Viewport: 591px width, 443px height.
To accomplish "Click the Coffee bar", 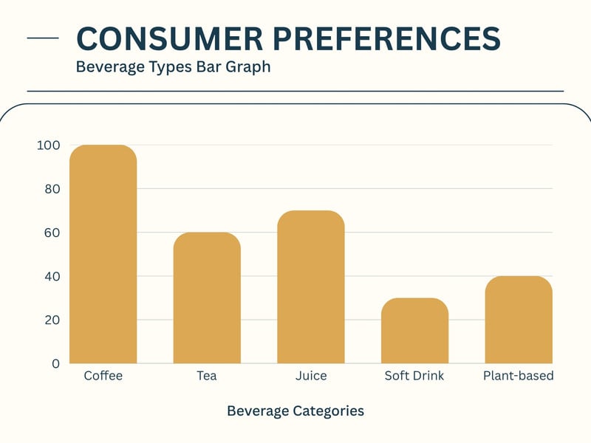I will [x=103, y=255].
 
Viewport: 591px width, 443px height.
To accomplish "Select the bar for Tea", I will [x=207, y=298].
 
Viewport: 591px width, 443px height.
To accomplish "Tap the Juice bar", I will [x=311, y=287].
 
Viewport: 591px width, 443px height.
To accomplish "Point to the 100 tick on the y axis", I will [x=48, y=145].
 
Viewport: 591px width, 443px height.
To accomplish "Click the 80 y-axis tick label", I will [x=50, y=189].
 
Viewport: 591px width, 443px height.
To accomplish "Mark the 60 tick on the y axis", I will [x=50, y=233].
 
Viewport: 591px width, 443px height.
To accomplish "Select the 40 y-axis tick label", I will [x=50, y=276].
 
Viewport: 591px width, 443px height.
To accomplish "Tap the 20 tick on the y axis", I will [x=50, y=320].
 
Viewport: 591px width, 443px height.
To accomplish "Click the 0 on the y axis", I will [x=55, y=363].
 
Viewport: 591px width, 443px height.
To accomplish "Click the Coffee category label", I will [x=103, y=376].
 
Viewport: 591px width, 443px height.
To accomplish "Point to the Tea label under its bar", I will [x=207, y=376].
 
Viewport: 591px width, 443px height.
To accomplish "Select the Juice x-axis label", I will [x=311, y=376].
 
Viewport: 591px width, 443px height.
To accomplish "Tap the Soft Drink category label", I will [x=414, y=376].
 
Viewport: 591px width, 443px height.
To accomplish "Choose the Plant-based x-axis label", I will [x=519, y=376].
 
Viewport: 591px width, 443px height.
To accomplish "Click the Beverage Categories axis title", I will [x=295, y=411].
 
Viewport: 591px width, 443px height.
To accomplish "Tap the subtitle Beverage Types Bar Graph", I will [x=174, y=67].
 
